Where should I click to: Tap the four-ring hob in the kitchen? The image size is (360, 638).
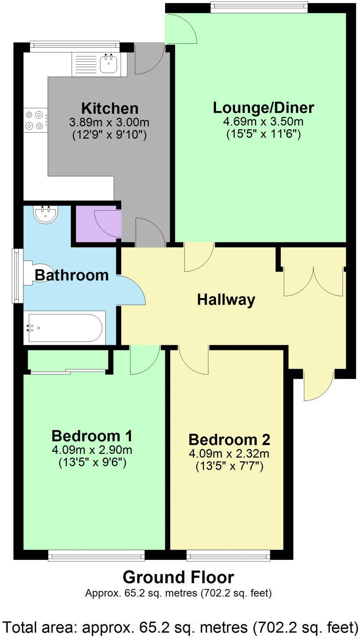(x=35, y=120)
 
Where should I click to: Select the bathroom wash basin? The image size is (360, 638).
(x=46, y=215)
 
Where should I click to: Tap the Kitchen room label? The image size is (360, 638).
(x=110, y=108)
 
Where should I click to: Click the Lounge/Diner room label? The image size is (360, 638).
(x=263, y=108)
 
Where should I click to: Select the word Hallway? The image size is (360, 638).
(x=226, y=300)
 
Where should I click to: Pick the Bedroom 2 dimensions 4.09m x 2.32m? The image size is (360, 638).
(x=229, y=453)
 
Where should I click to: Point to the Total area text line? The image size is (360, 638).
(x=180, y=627)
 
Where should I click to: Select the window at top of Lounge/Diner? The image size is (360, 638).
(x=259, y=7)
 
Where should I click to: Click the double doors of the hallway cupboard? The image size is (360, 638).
(x=313, y=281)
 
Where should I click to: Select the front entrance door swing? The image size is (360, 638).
(x=319, y=385)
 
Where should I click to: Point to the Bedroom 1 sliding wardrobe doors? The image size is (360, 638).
(x=68, y=371)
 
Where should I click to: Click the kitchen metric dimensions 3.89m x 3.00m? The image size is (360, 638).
(x=109, y=122)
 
